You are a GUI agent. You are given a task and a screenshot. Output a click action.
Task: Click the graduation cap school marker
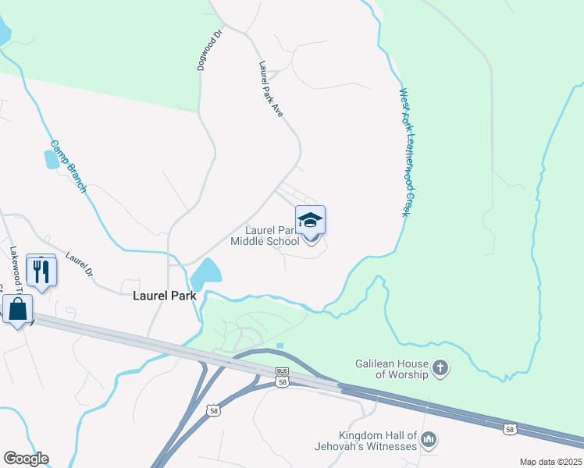point(310,221)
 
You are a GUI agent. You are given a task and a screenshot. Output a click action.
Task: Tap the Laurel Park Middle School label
point(265,236)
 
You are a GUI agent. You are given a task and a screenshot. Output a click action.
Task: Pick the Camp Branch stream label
point(69,167)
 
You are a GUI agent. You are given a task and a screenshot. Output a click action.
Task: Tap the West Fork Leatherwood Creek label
point(405,152)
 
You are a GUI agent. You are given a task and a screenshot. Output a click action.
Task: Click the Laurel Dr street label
point(79,265)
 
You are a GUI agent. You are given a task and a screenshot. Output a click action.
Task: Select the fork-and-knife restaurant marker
point(41,271)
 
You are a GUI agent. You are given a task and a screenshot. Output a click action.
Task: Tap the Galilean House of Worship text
point(391,369)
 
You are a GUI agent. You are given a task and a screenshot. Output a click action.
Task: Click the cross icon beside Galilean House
point(441,368)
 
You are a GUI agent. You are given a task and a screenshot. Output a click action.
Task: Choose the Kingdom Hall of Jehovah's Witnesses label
point(379,441)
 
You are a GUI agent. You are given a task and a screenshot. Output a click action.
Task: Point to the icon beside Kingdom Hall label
point(429,441)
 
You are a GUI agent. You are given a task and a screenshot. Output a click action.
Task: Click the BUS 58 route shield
point(283,378)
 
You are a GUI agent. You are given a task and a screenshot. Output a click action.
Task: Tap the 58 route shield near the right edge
point(510,429)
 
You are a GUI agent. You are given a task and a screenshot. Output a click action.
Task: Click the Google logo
point(26,459)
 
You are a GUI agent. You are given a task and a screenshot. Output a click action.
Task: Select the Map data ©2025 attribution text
point(550,462)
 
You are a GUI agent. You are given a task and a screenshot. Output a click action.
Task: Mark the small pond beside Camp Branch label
point(52,159)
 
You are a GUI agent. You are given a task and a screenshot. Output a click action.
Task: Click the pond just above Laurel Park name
point(205,274)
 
